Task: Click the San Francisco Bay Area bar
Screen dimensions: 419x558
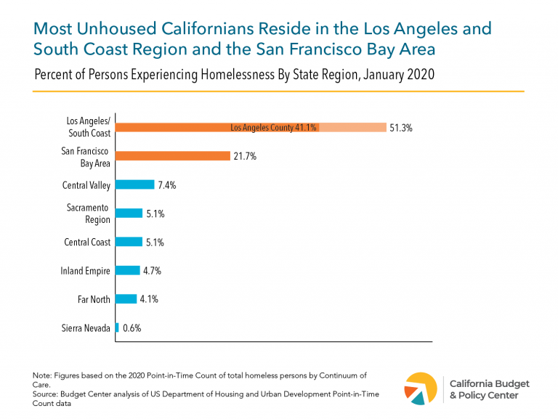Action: point(173,156)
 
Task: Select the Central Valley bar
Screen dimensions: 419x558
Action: point(135,185)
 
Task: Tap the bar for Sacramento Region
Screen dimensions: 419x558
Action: point(129,213)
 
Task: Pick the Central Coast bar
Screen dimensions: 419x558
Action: point(129,242)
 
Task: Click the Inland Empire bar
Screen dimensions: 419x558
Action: point(128,270)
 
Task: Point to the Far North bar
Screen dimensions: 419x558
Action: point(126,298)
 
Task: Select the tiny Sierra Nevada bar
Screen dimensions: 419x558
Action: point(117,328)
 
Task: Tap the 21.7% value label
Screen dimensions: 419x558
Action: point(245,156)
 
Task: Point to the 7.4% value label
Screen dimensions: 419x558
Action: point(167,185)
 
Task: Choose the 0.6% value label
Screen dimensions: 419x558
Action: point(132,328)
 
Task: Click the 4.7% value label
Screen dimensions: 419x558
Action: point(152,270)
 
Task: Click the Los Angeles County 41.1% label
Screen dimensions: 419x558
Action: point(273,128)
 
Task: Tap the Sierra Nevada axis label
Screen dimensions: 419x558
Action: point(85,328)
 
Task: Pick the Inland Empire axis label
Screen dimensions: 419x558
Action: point(86,270)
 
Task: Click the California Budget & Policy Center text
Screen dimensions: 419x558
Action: point(490,389)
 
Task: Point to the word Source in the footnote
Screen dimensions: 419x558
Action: point(46,393)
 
